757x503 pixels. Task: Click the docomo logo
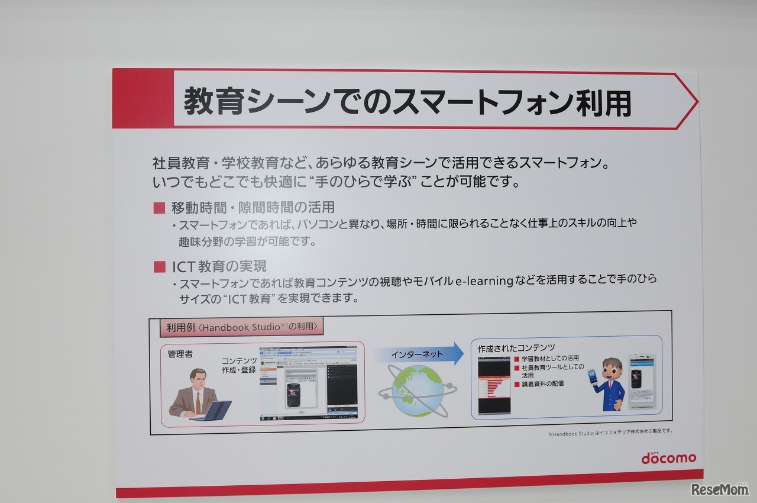[668, 457]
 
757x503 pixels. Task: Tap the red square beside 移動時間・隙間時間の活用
[159, 208]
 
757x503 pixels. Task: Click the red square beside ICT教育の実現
[159, 266]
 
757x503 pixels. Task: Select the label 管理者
[180, 354]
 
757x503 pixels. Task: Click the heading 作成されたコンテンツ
[516, 348]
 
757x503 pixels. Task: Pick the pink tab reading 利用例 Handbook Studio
[242, 326]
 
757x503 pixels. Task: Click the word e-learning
[484, 280]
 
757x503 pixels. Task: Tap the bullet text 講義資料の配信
[542, 383]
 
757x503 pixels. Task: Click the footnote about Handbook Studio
[610, 431]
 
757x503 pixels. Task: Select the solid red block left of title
[142, 99]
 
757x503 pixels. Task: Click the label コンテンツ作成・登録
[239, 365]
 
